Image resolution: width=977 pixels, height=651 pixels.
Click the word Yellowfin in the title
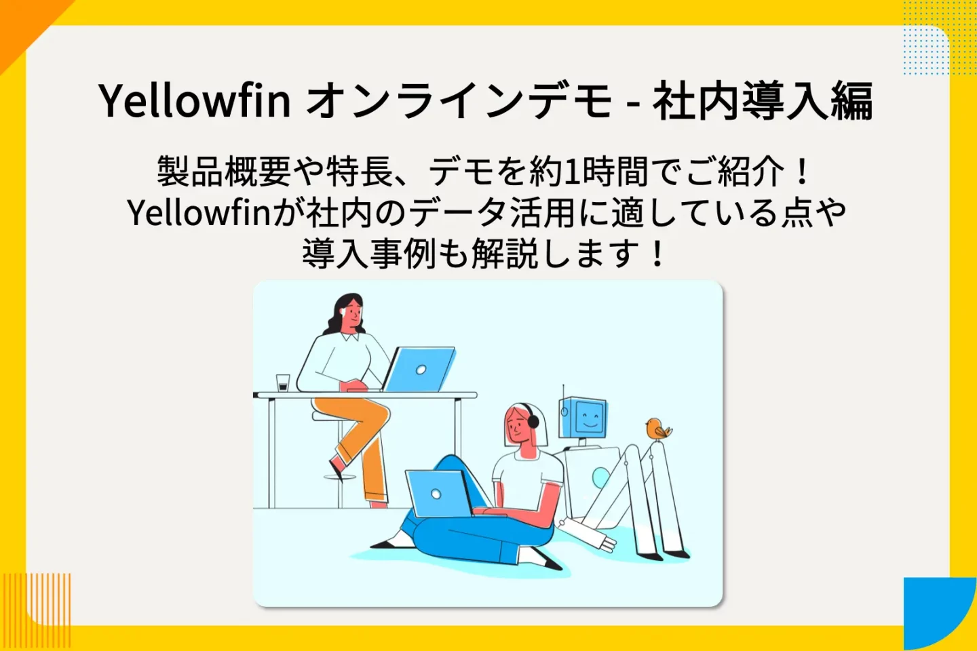pos(195,100)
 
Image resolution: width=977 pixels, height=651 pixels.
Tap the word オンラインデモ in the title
pos(459,100)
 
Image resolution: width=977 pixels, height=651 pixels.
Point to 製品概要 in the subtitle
pos(224,171)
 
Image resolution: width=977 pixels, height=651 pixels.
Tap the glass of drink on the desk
pos(283,382)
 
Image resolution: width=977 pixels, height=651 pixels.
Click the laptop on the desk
pos(421,370)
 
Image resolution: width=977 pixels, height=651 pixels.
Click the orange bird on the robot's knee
pos(657,429)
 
